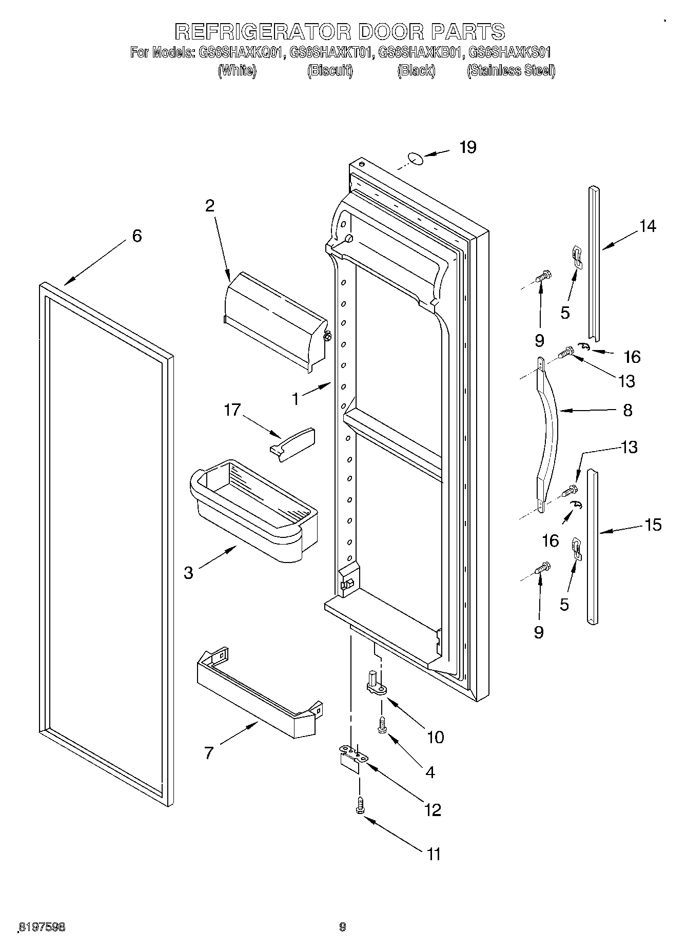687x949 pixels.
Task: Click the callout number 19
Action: [467, 148]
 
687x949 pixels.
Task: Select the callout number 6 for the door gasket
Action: [136, 236]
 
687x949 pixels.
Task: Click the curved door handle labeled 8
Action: [547, 431]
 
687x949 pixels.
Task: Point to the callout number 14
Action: [647, 226]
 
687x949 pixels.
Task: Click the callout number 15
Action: [653, 525]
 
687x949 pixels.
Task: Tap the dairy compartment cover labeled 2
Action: [275, 321]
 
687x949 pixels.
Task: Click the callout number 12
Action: [433, 809]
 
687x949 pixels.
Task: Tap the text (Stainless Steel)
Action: [511, 70]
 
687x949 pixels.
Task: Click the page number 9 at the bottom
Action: [343, 926]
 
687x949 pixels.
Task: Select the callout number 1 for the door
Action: [295, 398]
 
